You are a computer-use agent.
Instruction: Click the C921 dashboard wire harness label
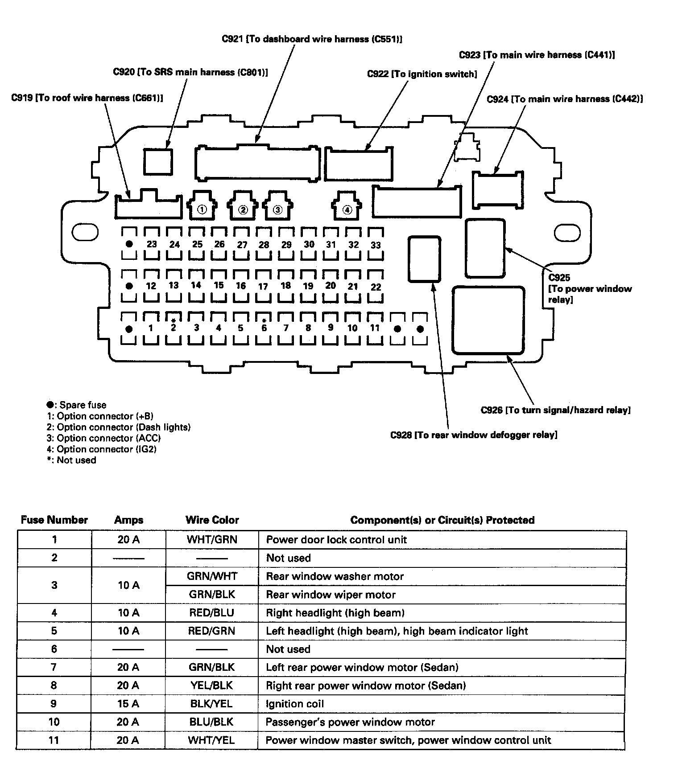pos(312,39)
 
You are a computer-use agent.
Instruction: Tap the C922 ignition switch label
pos(422,74)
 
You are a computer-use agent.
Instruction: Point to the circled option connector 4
pos(347,209)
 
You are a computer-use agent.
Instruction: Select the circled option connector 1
pos(202,209)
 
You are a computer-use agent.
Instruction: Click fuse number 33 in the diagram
pos(376,245)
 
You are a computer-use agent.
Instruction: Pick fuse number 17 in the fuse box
pos(263,286)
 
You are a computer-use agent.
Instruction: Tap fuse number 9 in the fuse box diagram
pos(330,328)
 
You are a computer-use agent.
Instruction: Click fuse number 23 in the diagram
pos(152,244)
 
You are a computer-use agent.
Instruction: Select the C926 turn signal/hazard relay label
pos(555,410)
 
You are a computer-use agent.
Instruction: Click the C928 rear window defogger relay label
pos(474,435)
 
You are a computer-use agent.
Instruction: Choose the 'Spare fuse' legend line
pos(76,405)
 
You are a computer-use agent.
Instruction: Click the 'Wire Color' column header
pos(212,520)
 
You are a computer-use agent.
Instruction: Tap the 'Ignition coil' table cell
pos(295,704)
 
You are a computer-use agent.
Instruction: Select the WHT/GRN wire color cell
pos(212,540)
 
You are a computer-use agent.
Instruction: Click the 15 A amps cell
pos(128,704)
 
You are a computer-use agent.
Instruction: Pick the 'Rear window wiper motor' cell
pos(331,595)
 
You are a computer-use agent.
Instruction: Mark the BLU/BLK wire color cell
pos(211,722)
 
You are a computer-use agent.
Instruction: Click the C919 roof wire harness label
pos(87,98)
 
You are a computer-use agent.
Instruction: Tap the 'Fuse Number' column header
pos(54,520)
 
